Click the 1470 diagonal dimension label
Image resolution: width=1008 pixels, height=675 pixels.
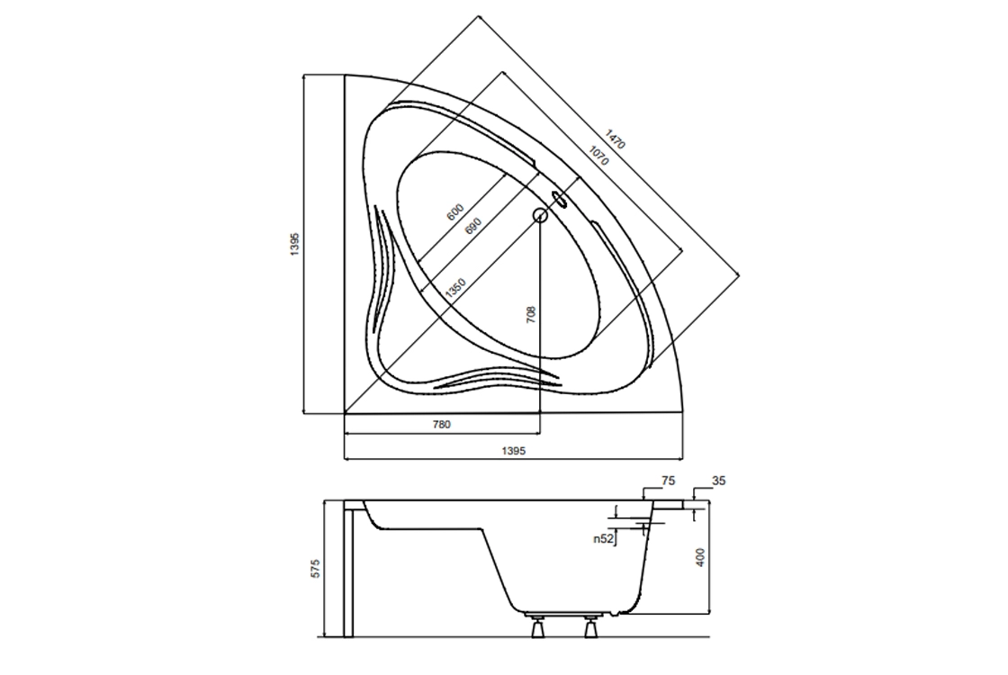[x=616, y=139]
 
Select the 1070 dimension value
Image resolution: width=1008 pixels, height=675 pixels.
[x=598, y=157]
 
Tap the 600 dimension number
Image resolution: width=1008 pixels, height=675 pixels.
[x=455, y=212]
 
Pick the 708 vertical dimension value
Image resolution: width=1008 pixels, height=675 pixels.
[x=531, y=314]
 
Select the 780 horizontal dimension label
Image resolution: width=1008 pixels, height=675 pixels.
[x=442, y=424]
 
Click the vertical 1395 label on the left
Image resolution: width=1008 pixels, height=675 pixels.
[x=294, y=244]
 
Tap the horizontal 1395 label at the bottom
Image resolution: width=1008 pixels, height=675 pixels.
[x=514, y=451]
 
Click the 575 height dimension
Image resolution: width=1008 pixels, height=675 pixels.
[x=315, y=569]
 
